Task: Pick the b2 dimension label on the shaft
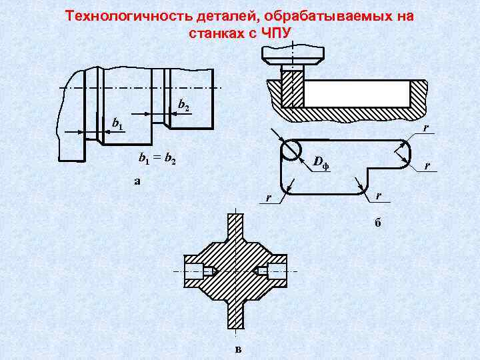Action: tap(184, 105)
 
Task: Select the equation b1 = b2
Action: tap(157, 159)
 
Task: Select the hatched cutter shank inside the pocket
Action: tap(292, 88)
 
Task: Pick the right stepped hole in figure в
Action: tap(273, 271)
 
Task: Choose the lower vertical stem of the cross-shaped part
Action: tap(236, 317)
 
